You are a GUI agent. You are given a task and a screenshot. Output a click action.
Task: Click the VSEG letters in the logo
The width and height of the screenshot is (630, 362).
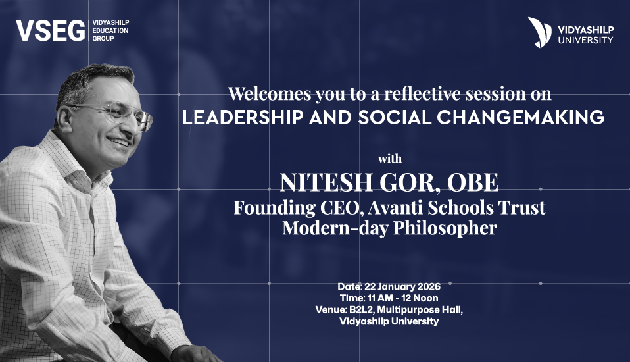(49, 30)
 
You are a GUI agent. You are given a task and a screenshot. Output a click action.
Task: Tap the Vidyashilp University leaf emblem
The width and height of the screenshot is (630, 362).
(538, 32)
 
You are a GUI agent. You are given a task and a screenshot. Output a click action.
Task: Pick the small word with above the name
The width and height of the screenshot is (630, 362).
(389, 159)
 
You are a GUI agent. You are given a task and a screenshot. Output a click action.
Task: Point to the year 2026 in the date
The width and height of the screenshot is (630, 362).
(427, 287)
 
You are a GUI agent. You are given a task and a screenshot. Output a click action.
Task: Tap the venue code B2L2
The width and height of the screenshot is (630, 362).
(377, 310)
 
